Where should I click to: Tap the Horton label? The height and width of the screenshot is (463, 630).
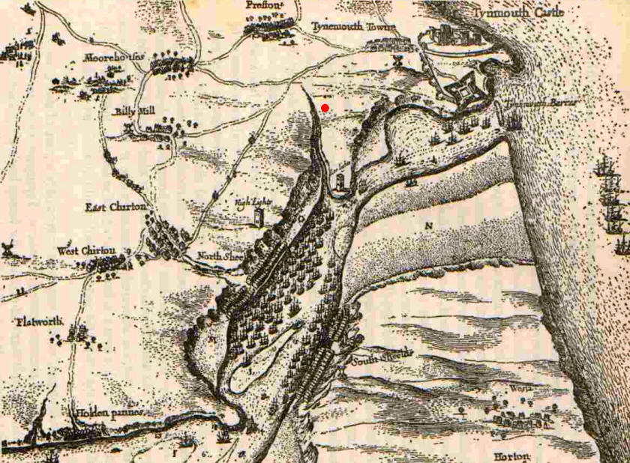tap(512, 456)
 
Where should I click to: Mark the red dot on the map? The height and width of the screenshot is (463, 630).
tap(325, 109)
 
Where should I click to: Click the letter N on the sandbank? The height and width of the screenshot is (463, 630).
tap(429, 225)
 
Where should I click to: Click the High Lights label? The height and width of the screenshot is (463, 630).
tap(251, 202)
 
